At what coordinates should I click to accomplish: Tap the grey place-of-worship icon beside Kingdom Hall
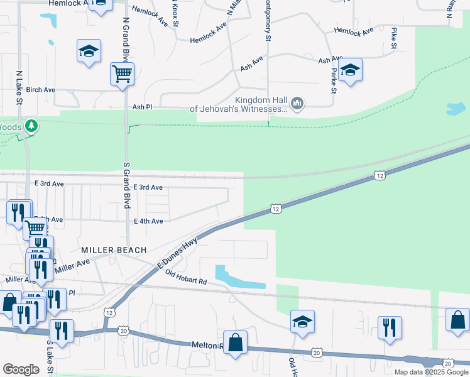[298, 102]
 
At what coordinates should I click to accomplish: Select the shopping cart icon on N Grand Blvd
[122, 74]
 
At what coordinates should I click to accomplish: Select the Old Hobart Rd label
[186, 276]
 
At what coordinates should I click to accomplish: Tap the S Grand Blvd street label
[126, 184]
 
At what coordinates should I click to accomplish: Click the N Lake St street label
[20, 87]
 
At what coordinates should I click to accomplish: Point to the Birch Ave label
[41, 90]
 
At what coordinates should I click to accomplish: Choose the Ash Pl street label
[142, 107]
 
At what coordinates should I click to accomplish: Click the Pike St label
[394, 38]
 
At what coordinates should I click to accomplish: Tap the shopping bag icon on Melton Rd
[236, 343]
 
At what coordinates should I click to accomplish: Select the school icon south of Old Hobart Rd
[302, 322]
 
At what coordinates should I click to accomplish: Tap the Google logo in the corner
[21, 369]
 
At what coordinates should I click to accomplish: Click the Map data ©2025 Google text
[431, 372]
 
